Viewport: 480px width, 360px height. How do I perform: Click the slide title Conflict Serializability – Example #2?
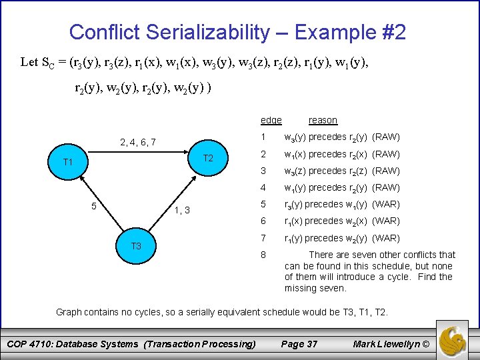coord(237,32)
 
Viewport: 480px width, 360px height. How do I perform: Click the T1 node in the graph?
coord(67,162)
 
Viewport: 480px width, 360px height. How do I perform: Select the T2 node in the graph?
coord(207,158)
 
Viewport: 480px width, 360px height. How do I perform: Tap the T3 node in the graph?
coord(136,246)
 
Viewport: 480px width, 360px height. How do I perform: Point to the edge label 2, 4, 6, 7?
coord(137,142)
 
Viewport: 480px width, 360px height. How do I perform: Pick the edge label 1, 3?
coord(182,211)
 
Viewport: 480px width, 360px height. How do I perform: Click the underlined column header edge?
coord(271,120)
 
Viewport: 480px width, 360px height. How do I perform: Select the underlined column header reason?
coord(323,120)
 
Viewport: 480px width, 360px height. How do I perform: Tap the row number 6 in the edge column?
coord(263,221)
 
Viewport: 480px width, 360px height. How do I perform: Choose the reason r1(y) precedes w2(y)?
coord(342,238)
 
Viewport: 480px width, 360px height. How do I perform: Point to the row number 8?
coord(263,255)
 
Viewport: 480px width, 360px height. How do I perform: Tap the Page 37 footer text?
coord(299,344)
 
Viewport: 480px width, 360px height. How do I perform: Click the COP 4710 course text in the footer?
coord(131,344)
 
